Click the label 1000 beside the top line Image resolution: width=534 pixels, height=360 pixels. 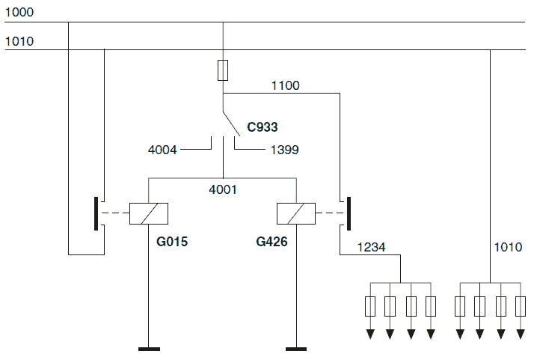(19, 12)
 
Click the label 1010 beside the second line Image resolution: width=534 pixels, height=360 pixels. (19, 42)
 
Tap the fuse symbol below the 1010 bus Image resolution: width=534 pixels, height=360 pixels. (223, 70)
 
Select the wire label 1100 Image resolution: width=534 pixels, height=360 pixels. (286, 85)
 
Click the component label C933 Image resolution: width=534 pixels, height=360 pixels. (263, 127)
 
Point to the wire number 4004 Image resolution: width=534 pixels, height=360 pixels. (162, 150)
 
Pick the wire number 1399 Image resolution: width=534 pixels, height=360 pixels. (285, 150)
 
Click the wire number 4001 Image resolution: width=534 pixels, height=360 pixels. (223, 189)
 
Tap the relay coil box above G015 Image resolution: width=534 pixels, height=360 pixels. (149, 214)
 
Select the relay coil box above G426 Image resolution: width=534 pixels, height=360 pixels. (296, 214)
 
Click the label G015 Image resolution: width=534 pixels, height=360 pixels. (172, 242)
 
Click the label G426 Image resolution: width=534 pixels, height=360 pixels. (271, 242)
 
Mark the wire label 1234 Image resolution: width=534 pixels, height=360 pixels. (372, 247)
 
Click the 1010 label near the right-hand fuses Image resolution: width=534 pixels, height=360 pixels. (508, 247)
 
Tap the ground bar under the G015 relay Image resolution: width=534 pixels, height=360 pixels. (149, 349)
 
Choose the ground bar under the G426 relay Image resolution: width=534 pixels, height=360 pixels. (296, 349)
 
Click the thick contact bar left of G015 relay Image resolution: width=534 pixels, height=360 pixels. (96, 214)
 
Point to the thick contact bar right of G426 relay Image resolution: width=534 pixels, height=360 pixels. (349, 214)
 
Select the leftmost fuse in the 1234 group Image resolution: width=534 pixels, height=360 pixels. (370, 306)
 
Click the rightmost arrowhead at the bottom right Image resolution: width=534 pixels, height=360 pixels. (521, 334)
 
